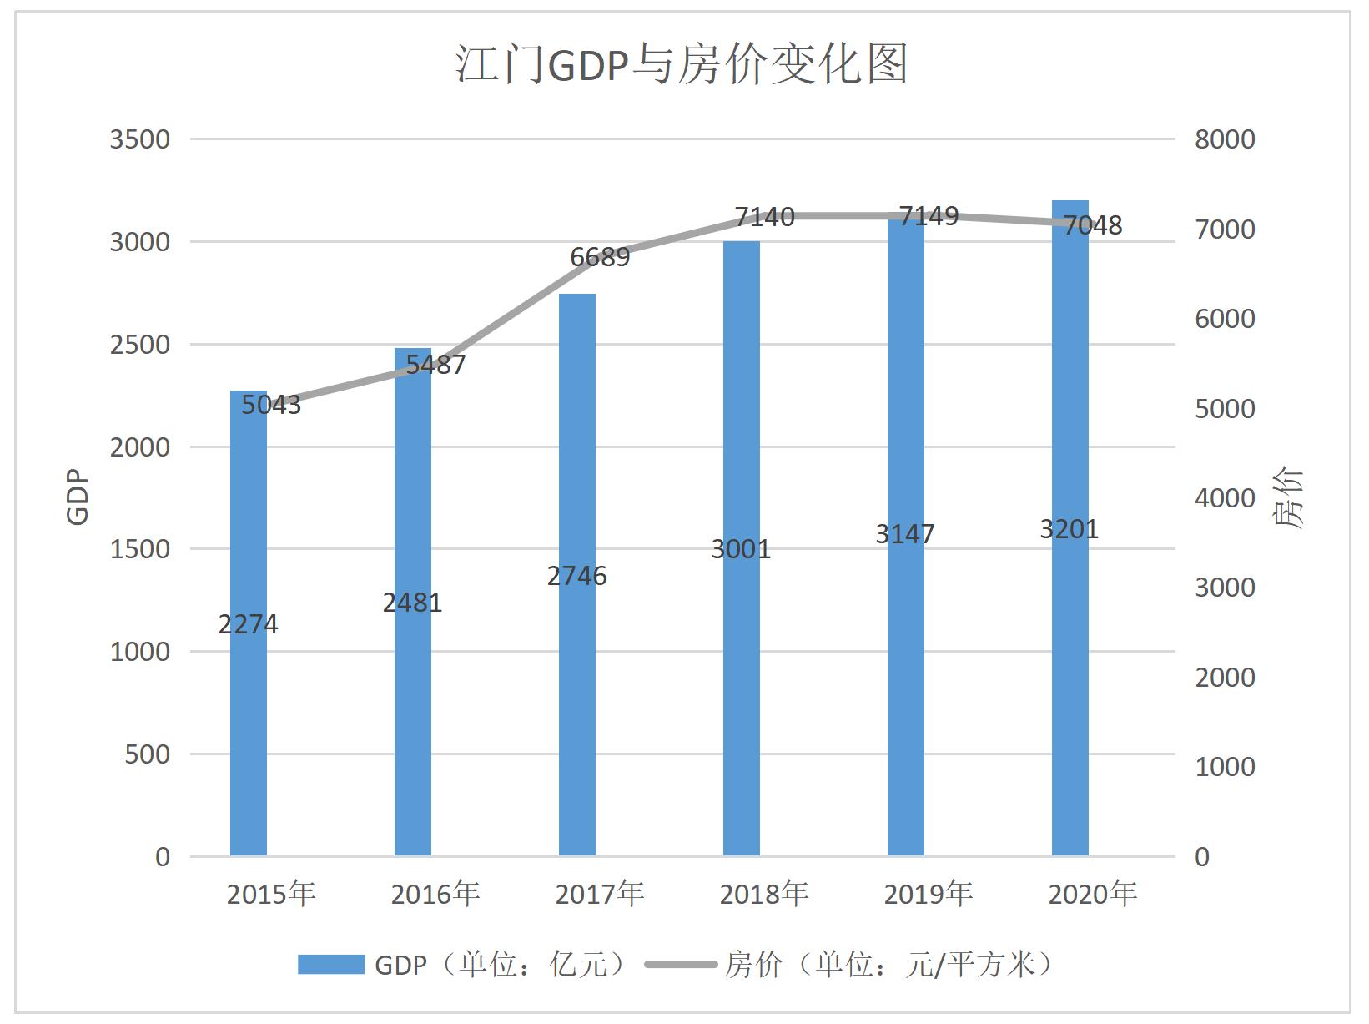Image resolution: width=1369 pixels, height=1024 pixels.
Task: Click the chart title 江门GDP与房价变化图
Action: click(682, 64)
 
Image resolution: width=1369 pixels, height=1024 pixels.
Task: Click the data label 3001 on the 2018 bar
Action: click(741, 549)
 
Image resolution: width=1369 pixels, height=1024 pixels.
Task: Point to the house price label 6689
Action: click(600, 257)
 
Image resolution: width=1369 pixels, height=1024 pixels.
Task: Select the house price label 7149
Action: click(929, 216)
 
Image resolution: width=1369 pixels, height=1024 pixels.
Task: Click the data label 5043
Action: click(271, 405)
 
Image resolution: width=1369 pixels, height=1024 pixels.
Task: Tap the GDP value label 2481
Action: click(412, 603)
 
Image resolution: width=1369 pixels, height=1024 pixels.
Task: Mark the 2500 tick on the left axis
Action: click(140, 345)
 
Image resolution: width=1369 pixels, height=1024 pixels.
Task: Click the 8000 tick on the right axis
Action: click(1225, 139)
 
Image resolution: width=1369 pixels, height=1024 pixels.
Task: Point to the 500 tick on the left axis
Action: click(147, 754)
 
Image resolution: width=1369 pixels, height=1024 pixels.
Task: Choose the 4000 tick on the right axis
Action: click(1225, 498)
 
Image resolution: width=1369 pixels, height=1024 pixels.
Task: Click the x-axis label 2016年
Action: click(435, 895)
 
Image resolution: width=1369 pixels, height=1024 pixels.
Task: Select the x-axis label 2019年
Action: click(929, 895)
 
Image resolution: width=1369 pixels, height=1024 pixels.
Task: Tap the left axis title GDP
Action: click(77, 497)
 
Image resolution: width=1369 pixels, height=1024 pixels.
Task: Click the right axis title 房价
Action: click(1288, 498)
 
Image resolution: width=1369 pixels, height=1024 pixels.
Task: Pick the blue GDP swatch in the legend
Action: click(331, 965)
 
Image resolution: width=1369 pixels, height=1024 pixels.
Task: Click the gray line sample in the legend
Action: click(681, 965)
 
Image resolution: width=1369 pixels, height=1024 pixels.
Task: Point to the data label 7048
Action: click(1093, 225)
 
